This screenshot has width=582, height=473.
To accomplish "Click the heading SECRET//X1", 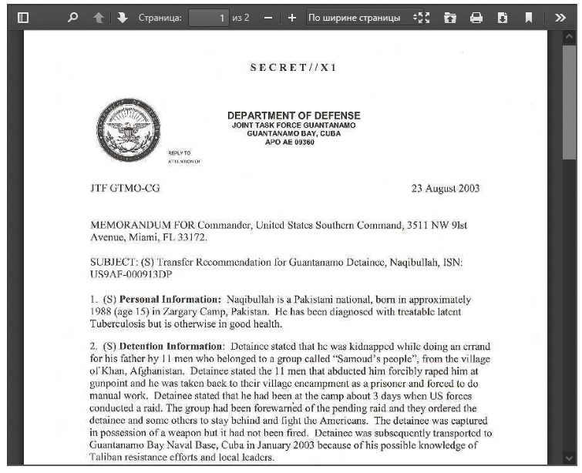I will point(293,67).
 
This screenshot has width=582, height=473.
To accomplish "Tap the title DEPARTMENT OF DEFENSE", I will point(294,116).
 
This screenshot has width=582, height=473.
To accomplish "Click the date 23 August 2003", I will point(446,188).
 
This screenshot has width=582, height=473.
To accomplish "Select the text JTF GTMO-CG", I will point(125,188).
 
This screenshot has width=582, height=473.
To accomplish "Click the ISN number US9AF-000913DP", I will point(131,274).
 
